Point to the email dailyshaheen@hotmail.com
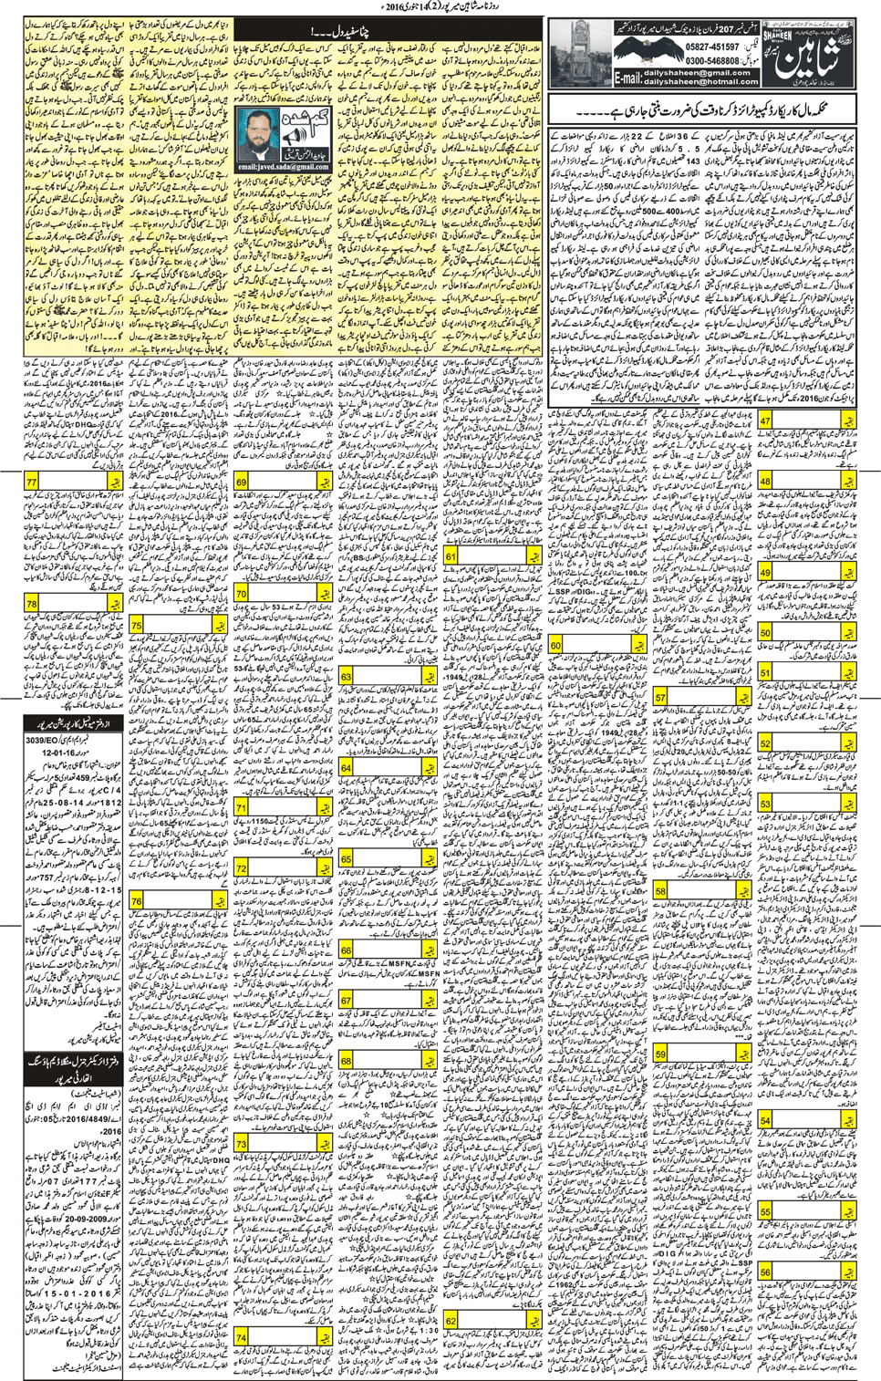point(700,81)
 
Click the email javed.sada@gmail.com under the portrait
point(282,167)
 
